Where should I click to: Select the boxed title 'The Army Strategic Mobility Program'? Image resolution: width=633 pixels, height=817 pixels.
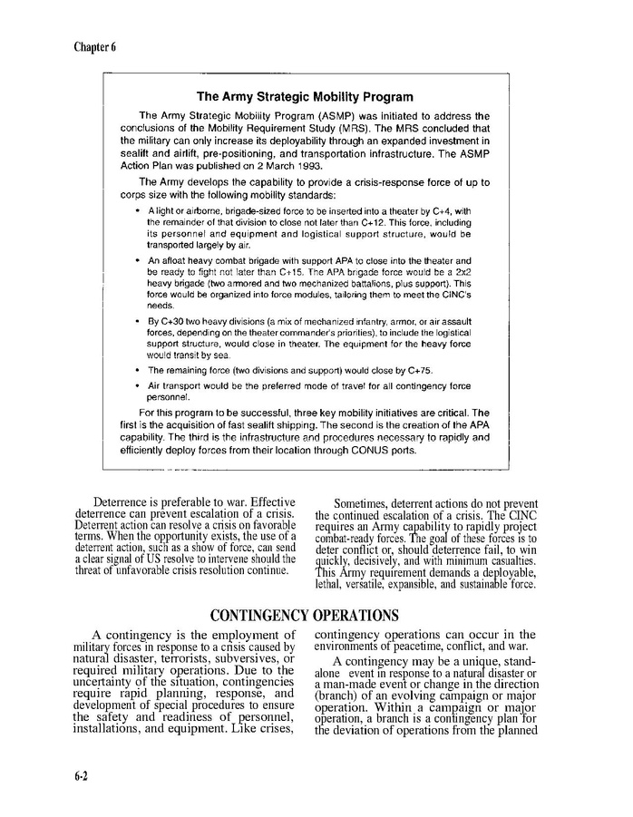(x=305, y=97)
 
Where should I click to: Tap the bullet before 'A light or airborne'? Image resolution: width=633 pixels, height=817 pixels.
(x=137, y=211)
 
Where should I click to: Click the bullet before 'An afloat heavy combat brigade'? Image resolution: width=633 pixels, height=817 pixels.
(x=137, y=260)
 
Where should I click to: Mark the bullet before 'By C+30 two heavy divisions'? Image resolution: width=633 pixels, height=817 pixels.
(x=137, y=321)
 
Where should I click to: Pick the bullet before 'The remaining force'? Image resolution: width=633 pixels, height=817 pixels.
(x=137, y=370)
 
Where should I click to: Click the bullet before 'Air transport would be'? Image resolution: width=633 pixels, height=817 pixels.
(x=137, y=385)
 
